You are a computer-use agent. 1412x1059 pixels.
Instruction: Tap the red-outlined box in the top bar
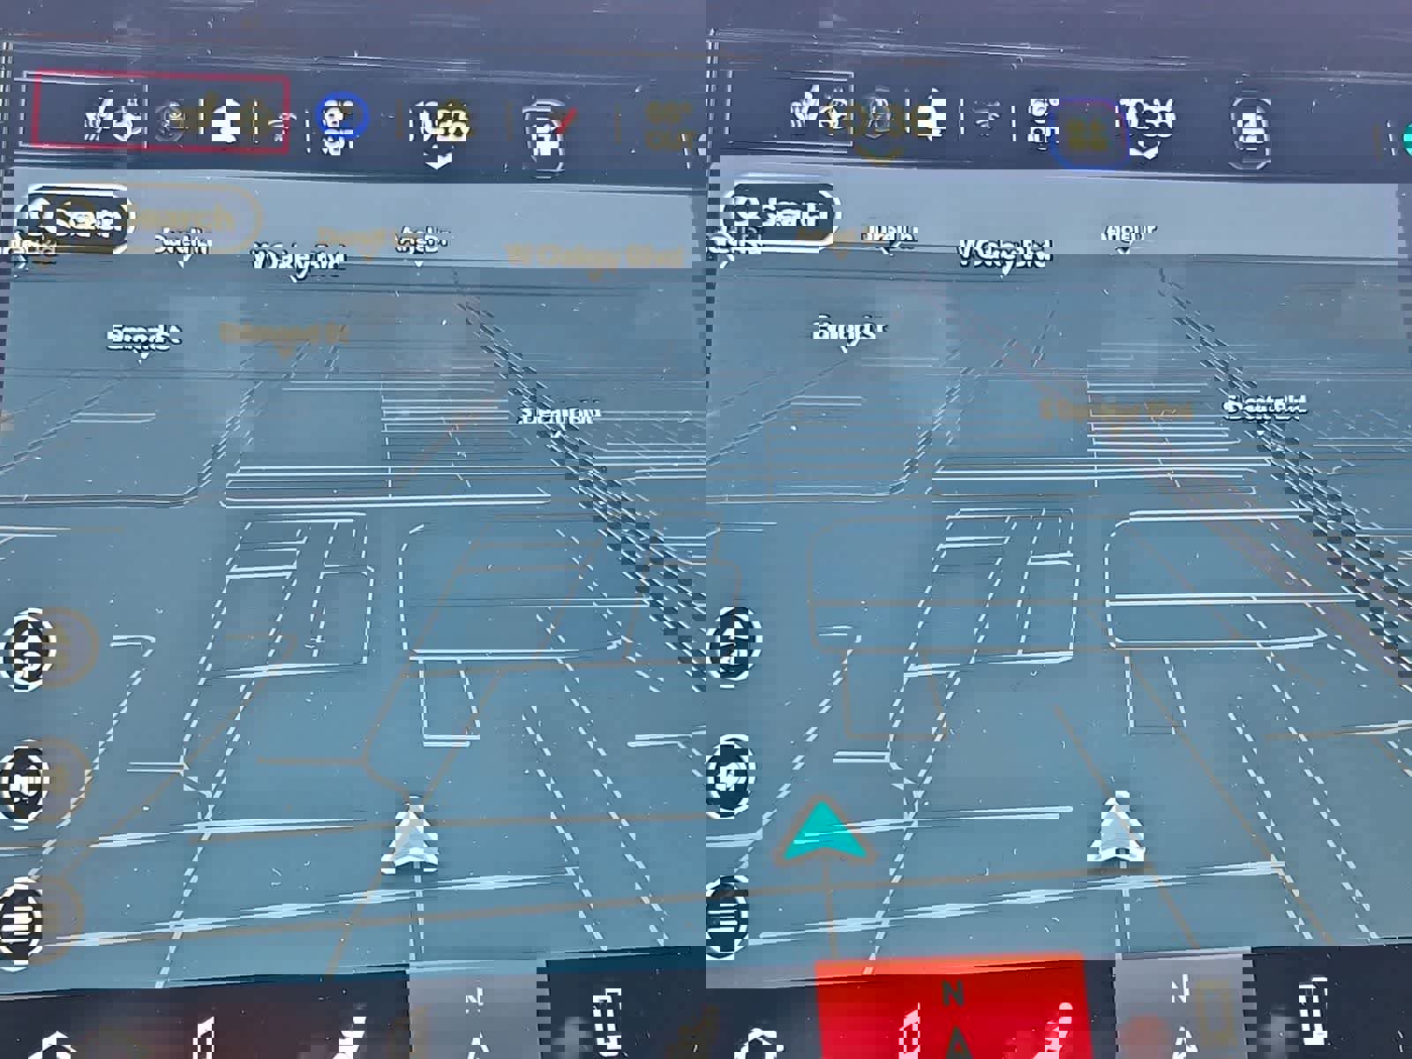pyautogui.click(x=161, y=115)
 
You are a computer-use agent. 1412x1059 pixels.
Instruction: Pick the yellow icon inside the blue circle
pyautogui.click(x=1089, y=134)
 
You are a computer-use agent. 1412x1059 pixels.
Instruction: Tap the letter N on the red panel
pyautogui.click(x=951, y=994)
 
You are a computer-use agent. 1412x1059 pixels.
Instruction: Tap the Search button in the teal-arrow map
pyautogui.click(x=778, y=214)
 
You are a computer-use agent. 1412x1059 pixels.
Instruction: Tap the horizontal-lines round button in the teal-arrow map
pyautogui.click(x=729, y=918)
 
